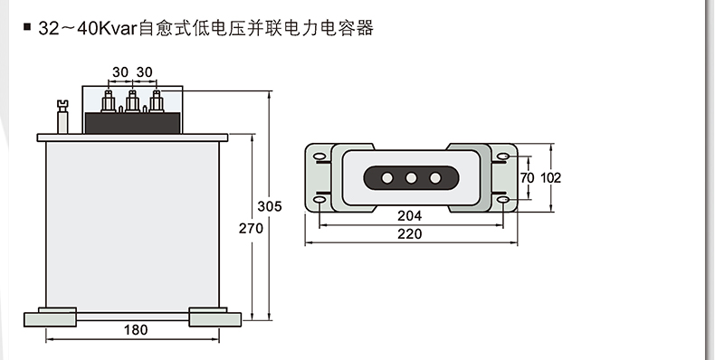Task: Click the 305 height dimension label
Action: [270, 206]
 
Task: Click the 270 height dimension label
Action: [251, 228]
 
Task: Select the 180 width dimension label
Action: [136, 329]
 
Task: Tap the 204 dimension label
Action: [409, 215]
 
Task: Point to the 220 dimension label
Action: [409, 233]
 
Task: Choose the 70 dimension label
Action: [527, 177]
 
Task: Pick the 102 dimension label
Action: [550, 177]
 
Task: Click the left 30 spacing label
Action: [120, 72]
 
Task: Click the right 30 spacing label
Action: [144, 72]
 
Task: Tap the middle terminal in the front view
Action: [132, 101]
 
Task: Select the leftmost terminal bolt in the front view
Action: [109, 101]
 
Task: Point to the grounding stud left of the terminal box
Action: [62, 117]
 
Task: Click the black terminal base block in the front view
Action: [133, 123]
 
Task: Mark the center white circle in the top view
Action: [411, 178]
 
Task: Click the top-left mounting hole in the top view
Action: [319, 156]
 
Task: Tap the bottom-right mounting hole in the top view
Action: [502, 200]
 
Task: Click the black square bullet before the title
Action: [27, 27]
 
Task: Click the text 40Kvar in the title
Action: [107, 28]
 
